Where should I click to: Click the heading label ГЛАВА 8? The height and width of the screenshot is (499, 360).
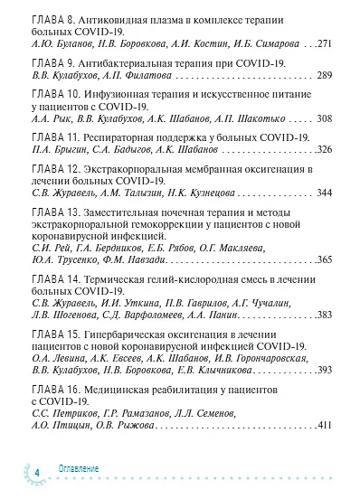tap(52, 18)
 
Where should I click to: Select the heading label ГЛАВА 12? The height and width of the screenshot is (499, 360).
tap(55, 169)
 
